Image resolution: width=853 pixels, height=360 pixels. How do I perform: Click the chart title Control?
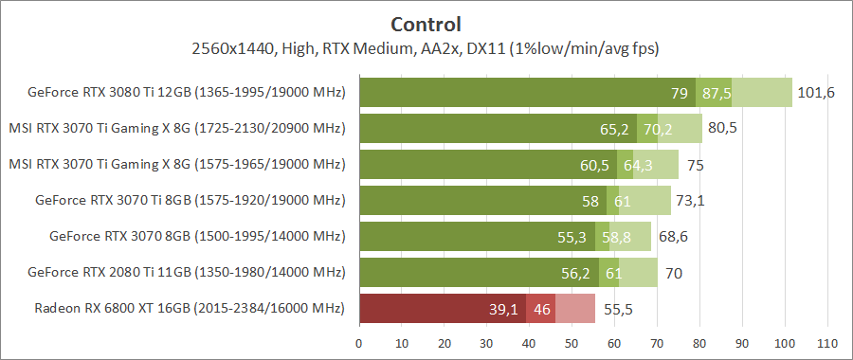(x=426, y=24)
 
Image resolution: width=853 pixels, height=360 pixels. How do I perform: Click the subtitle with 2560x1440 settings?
(x=426, y=47)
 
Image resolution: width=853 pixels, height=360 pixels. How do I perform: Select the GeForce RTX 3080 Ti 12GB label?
(x=186, y=93)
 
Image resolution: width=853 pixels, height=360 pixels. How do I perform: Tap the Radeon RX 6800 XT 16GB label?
(x=190, y=308)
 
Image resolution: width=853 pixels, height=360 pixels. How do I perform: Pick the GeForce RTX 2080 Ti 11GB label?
(x=186, y=272)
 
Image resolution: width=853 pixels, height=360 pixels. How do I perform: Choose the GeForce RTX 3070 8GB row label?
(x=196, y=236)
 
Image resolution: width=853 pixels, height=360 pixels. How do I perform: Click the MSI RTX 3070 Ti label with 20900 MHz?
(x=176, y=129)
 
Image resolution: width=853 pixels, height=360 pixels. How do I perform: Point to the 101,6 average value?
(x=816, y=93)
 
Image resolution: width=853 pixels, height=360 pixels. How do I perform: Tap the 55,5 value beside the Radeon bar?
(x=618, y=308)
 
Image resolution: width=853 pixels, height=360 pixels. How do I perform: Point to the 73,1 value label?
(x=694, y=200)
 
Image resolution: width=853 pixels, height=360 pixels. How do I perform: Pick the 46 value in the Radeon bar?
(x=542, y=308)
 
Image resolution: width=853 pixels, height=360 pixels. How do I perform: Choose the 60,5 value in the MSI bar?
(x=594, y=165)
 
